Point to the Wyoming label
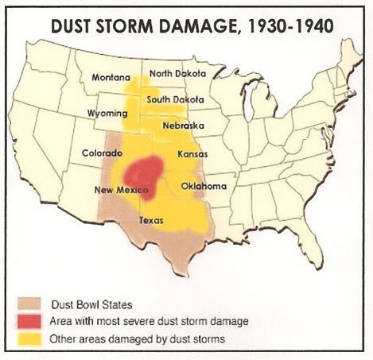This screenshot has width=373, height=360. tap(107, 114)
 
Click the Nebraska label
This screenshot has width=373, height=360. tap(183, 126)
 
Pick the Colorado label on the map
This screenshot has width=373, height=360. tap(102, 152)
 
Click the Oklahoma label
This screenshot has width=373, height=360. tap(204, 186)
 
